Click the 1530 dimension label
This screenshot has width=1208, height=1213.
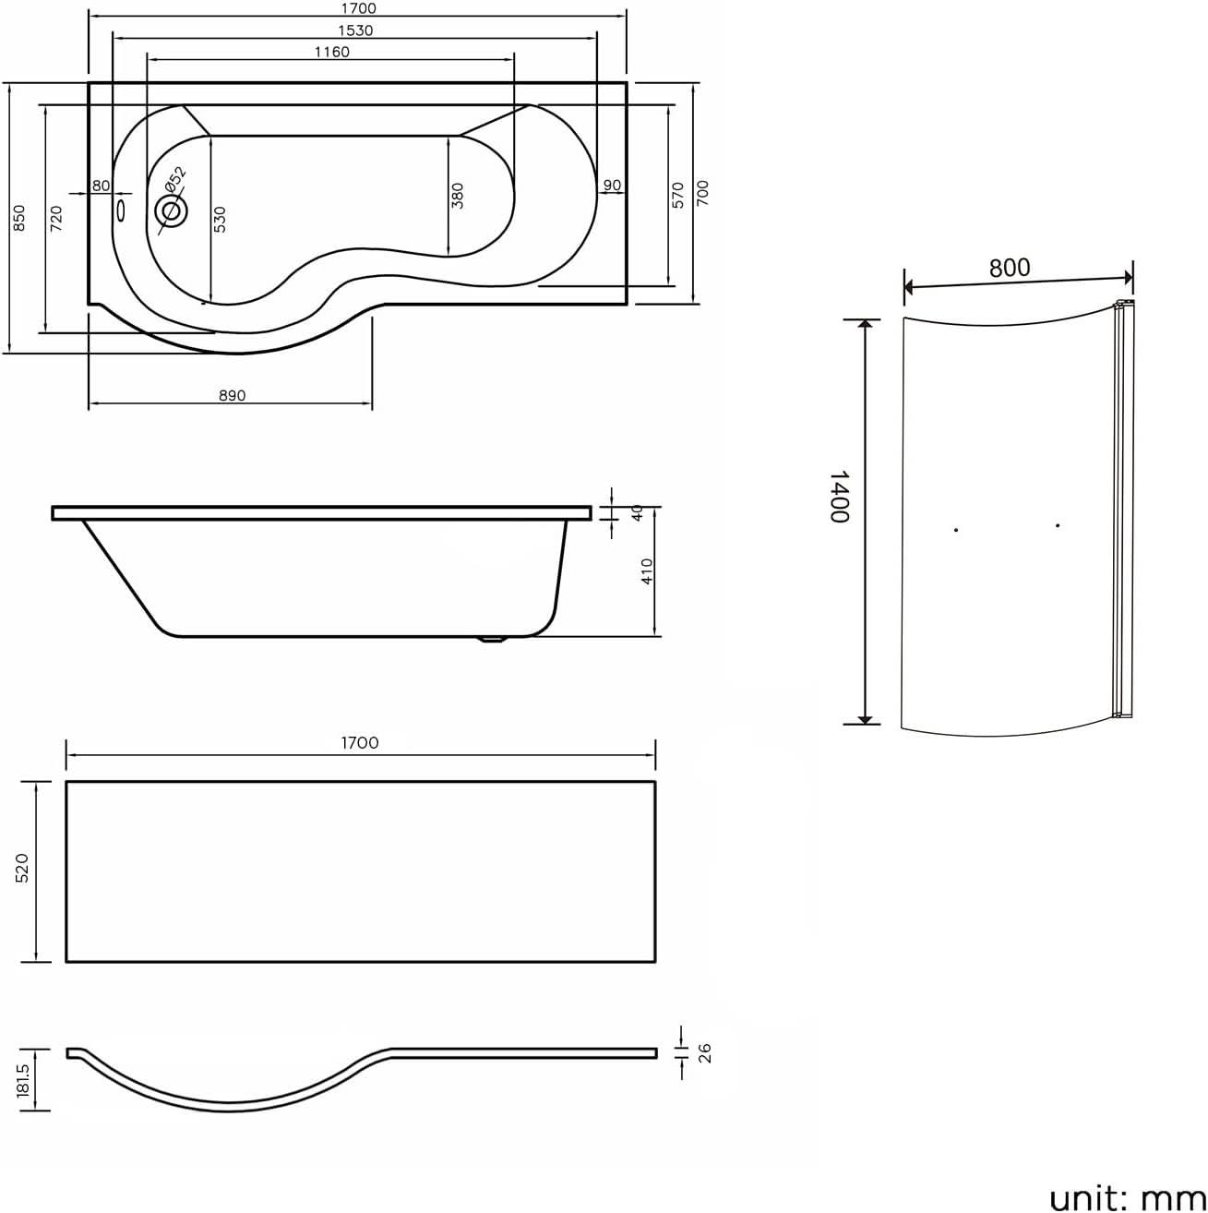point(354,30)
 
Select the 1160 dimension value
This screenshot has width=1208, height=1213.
point(331,53)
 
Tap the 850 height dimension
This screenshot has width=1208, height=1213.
point(19,218)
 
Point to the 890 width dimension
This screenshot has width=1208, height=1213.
point(232,395)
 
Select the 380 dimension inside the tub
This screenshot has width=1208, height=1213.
point(458,196)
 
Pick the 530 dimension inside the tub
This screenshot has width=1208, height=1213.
point(220,219)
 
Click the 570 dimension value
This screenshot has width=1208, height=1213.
point(677,195)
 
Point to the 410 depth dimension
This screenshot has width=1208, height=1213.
point(647,571)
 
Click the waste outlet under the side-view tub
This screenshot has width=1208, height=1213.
point(494,639)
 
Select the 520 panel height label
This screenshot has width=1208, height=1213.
point(22,868)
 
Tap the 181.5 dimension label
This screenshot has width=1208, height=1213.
point(23,1079)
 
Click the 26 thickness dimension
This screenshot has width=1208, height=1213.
point(705,1053)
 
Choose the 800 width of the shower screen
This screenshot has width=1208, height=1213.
point(1010,268)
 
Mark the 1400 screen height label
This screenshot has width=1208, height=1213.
point(839,497)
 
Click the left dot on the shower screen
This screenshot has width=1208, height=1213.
point(956,530)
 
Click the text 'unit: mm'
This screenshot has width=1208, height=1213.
point(1127,1197)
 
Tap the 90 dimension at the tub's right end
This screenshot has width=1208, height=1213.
point(612,186)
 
